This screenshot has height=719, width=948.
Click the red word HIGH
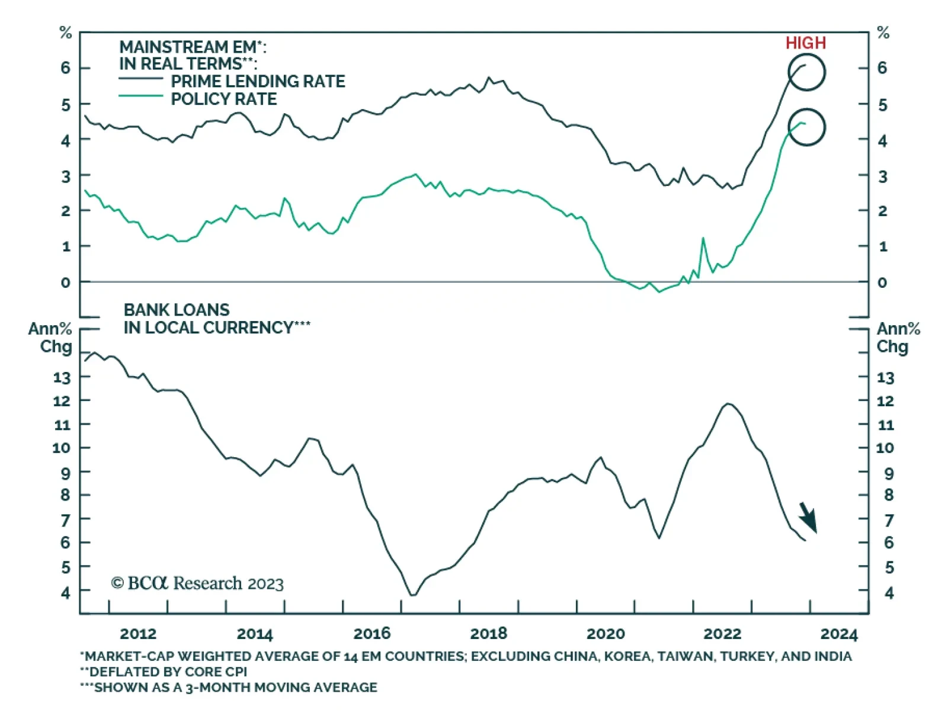805,43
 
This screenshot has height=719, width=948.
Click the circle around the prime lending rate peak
806,72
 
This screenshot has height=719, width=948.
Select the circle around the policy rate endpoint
806,127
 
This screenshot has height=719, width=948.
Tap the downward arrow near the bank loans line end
808,518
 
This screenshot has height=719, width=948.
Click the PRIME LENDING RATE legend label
258,81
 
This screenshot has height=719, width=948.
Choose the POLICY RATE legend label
223,99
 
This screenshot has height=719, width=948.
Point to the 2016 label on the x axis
372,634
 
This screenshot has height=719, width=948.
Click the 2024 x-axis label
838,634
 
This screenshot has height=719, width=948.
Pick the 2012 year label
138,634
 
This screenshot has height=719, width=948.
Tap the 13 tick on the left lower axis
62,377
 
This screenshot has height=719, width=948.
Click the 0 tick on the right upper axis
882,283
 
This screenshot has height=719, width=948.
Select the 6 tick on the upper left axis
65,68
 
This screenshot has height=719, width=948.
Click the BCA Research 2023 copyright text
197,583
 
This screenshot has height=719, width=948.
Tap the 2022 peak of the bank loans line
728,404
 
